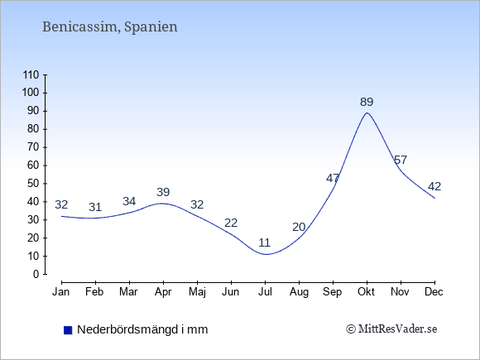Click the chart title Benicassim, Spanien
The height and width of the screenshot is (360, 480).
[x=110, y=27]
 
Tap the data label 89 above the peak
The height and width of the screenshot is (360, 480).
[x=367, y=102]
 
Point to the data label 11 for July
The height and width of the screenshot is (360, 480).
[x=265, y=242]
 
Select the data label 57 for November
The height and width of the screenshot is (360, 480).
[x=401, y=160]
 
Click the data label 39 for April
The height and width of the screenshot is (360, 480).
[x=163, y=192]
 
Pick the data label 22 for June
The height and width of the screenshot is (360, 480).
[x=231, y=223]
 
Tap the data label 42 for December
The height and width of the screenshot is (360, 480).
[x=434, y=186]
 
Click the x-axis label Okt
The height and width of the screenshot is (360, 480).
[x=366, y=292]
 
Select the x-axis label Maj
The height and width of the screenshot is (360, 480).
[x=197, y=292]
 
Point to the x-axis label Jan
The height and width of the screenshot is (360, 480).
[x=61, y=292]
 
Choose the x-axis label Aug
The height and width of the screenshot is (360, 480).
[x=299, y=292]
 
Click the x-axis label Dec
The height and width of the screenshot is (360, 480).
[x=434, y=292]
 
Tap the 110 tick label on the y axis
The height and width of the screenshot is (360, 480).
[x=31, y=75]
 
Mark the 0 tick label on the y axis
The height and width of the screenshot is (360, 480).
[x=36, y=274]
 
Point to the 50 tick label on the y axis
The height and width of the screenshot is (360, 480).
[x=33, y=184]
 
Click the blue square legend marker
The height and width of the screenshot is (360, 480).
[x=68, y=330]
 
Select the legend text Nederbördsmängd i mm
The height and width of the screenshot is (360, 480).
[x=142, y=329]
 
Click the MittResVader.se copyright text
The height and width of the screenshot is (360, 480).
[x=391, y=329]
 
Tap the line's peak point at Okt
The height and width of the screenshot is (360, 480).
[x=367, y=113]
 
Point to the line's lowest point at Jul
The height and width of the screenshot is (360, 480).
[x=266, y=254]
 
